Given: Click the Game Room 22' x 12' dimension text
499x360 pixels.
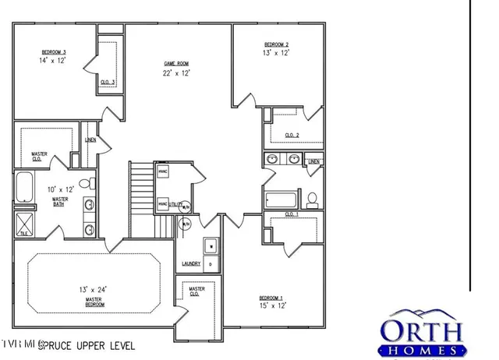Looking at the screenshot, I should coord(177,72).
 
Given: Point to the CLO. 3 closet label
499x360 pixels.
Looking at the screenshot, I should coord(108,82).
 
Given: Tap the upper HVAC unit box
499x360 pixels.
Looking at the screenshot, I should coord(163,171).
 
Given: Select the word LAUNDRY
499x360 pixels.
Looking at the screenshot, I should coord(192,264).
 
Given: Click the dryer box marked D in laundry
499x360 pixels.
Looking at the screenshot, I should coord(210,265).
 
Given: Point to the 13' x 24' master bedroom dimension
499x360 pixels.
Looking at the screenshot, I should coord(93,289).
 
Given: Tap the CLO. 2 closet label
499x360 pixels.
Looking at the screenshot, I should coord(292,135).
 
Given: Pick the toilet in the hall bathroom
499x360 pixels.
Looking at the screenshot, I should coord(313,199).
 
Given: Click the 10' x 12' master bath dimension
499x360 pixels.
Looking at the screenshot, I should coord(60,189).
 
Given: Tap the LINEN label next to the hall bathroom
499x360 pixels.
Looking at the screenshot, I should coord(314,162).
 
